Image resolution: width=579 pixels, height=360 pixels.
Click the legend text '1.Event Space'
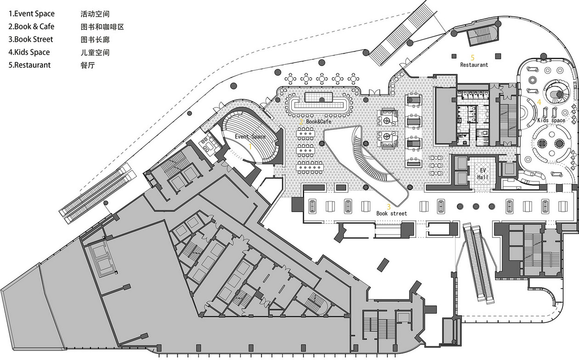(32, 14)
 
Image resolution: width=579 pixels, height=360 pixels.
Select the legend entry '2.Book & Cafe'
(31, 27)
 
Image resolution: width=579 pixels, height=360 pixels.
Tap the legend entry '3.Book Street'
(30, 39)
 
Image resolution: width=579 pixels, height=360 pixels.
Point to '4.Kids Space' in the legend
(29, 52)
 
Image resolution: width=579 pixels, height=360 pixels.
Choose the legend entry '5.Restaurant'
(29, 65)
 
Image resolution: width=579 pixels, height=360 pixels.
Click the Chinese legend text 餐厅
(88, 65)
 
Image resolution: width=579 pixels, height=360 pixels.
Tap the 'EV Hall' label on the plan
(482, 174)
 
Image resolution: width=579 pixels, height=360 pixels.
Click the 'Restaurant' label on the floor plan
(474, 65)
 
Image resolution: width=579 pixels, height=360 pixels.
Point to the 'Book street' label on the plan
(392, 214)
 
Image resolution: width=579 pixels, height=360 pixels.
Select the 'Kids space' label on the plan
(551, 120)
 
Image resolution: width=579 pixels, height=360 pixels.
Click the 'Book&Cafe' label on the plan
(319, 121)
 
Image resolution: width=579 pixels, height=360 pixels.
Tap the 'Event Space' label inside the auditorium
(250, 137)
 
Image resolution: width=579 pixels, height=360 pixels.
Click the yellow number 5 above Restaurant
(472, 57)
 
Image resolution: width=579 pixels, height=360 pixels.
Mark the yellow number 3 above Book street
(388, 207)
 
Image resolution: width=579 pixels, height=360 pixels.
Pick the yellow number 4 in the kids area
(539, 102)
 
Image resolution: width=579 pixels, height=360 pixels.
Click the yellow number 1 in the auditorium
(250, 146)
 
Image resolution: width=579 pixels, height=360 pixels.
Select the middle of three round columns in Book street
(476, 206)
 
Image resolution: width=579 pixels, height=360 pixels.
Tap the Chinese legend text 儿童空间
(95, 52)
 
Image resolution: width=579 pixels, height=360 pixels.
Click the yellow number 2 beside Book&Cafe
(301, 122)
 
